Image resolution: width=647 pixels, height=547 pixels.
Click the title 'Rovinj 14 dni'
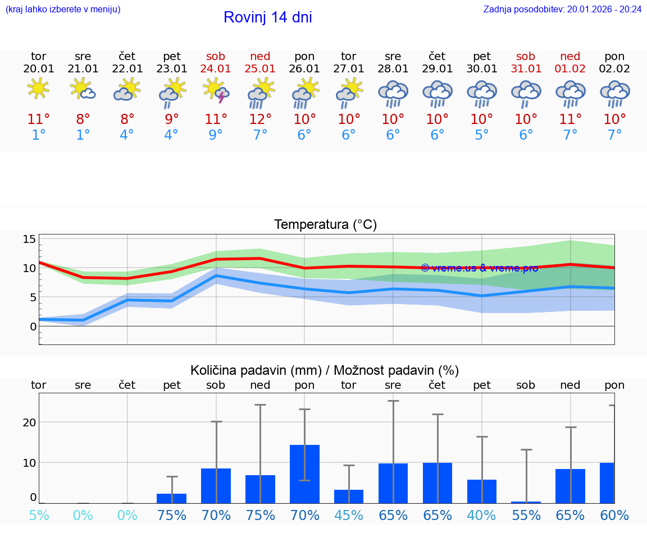267,17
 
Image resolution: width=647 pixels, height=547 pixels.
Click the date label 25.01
260,68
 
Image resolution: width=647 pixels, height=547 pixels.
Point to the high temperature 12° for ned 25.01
260,119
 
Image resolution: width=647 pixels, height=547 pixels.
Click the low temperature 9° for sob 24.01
216,135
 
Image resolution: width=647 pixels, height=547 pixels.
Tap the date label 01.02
570,68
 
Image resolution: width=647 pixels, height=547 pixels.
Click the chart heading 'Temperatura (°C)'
325,225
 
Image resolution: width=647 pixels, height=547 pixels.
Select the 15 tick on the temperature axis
29,239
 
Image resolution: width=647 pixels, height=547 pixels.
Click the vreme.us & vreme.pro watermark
479,268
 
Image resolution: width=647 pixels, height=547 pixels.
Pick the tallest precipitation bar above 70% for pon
304,474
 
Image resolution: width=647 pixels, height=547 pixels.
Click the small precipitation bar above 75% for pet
171,498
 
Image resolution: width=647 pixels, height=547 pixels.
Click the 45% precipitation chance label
349,516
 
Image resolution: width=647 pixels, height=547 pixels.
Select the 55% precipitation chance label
526,516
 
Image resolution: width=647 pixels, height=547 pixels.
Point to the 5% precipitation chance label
38,516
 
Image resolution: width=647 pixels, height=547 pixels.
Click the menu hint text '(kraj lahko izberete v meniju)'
63,9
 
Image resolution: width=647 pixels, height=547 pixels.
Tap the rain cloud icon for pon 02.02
614,93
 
